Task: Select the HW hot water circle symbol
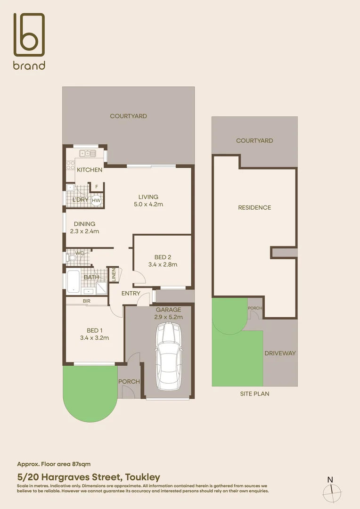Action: (96, 201)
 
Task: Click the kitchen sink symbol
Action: (88, 153)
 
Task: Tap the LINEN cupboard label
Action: (113, 275)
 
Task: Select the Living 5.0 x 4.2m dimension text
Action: (148, 205)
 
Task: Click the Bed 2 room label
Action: (163, 257)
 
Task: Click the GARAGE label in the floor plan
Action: (168, 310)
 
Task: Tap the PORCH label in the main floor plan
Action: (129, 381)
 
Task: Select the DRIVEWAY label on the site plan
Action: (279, 353)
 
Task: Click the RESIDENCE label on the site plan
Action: (254, 207)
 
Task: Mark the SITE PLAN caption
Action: (254, 394)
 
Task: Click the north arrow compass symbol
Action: (331, 491)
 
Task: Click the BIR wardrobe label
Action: (87, 300)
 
